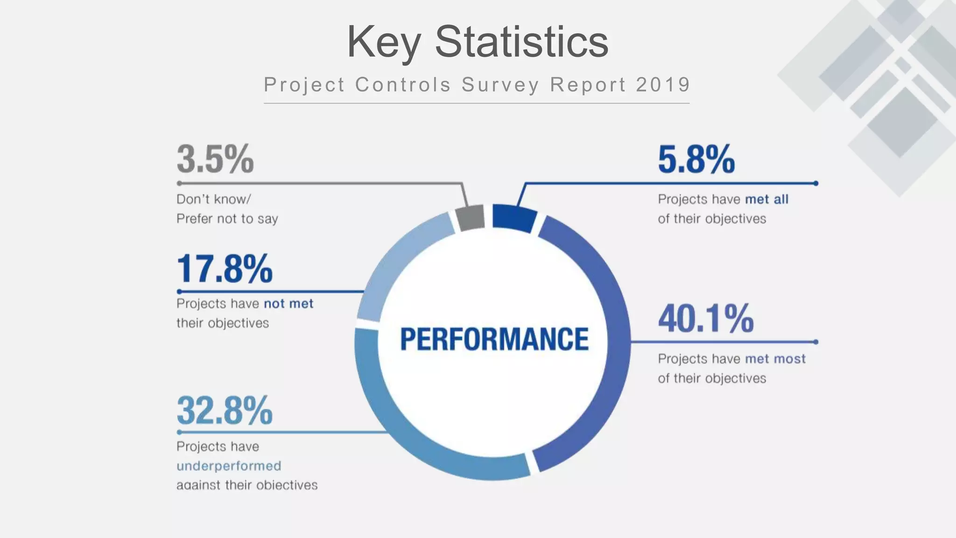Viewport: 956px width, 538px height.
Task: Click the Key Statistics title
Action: (478, 42)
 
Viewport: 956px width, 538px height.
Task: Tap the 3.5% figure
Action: (215, 160)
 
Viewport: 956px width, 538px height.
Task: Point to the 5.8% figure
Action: (696, 160)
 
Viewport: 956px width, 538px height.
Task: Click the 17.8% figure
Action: (225, 269)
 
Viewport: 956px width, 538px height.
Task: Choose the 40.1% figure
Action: (706, 319)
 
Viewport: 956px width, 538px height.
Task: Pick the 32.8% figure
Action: (225, 411)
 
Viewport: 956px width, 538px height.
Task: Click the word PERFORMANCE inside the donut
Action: (494, 339)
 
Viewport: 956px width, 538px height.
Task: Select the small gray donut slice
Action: (471, 218)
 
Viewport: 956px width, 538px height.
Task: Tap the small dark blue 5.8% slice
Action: (513, 218)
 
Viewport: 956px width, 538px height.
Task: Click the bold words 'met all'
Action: (766, 199)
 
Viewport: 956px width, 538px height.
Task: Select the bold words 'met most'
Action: (775, 359)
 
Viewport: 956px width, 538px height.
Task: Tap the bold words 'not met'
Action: (288, 304)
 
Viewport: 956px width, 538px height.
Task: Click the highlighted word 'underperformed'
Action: (229, 466)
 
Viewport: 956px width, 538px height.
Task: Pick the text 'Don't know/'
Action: (214, 199)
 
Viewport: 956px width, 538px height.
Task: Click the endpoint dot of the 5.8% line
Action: (815, 184)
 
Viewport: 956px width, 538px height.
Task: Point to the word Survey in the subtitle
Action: (500, 85)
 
